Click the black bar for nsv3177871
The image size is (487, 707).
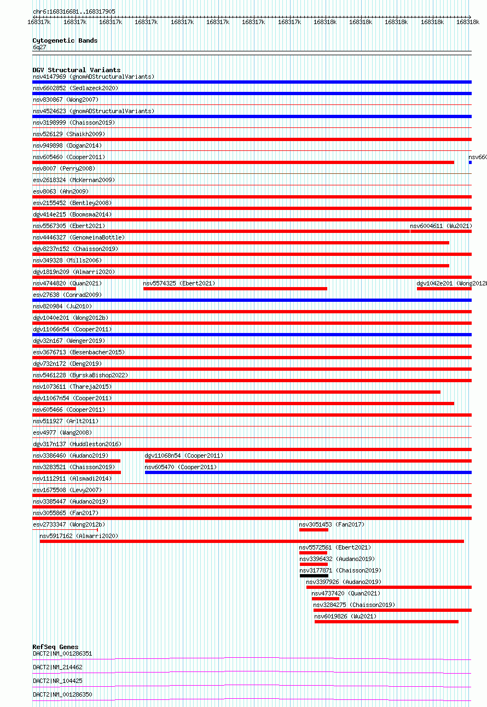(x=314, y=576)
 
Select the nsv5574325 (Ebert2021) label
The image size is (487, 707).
(x=179, y=283)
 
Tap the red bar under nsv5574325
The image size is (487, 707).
(x=235, y=289)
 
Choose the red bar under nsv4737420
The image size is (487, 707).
(x=326, y=599)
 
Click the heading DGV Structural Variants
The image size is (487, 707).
(x=77, y=70)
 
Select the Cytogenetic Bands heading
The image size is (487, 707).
(x=65, y=40)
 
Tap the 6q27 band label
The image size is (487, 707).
(x=39, y=48)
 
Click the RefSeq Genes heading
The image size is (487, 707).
(x=55, y=647)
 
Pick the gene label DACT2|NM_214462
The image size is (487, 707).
(x=57, y=667)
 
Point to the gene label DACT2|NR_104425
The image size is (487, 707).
(x=57, y=681)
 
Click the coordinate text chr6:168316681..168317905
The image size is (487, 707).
(x=74, y=11)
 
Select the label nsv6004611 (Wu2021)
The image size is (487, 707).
(x=441, y=226)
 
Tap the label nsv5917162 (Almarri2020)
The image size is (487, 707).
(x=79, y=536)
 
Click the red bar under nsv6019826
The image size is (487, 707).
(x=386, y=622)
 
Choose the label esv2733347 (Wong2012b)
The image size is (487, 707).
(x=68, y=524)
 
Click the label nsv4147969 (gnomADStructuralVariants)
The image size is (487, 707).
(x=94, y=77)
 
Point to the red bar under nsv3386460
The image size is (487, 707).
(x=77, y=461)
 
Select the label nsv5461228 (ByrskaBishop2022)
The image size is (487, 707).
(x=80, y=375)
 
